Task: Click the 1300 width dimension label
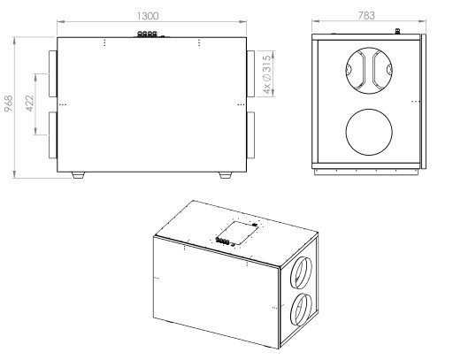148,16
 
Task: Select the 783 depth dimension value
366,15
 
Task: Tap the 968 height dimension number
9,103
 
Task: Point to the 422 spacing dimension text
30,103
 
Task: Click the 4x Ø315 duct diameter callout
266,74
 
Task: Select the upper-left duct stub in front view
53,73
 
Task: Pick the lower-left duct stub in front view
53,134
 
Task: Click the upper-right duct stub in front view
250,73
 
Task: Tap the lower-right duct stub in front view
250,134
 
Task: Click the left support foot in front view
78,175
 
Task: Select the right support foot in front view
226,175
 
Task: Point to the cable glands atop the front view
147,34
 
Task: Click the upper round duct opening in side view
369,71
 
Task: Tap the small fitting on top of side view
397,31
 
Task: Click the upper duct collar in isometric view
301,272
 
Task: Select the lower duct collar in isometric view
301,310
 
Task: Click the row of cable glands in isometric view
222,241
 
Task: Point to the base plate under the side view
367,172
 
